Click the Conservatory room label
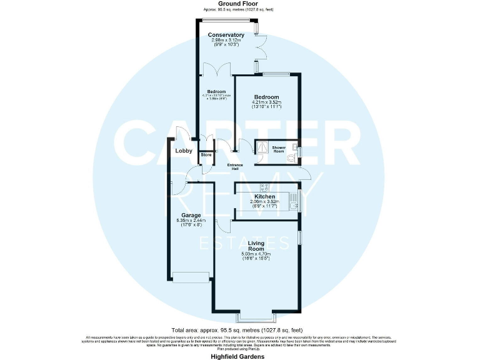(x=226, y=34)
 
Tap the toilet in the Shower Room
(x=290, y=159)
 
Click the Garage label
(x=191, y=216)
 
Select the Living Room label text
(x=256, y=246)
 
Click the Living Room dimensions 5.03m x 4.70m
(x=256, y=254)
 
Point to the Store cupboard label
(x=206, y=155)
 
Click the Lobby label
(x=183, y=151)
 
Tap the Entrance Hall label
(x=235, y=167)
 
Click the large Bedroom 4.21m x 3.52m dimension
(x=267, y=102)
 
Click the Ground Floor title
(x=238, y=4)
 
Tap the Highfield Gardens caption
(x=238, y=356)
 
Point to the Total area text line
(x=237, y=329)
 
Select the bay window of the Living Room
(x=256, y=311)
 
